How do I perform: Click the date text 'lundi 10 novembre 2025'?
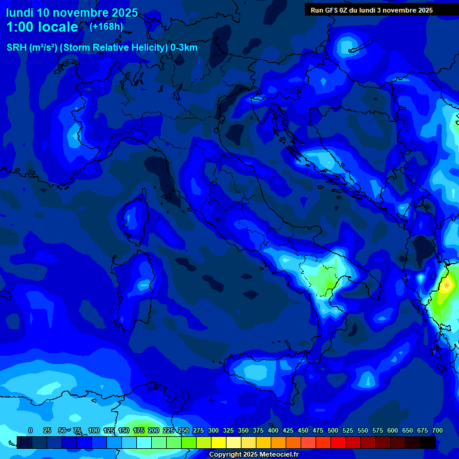click(72, 13)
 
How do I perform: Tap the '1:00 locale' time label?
click(42, 27)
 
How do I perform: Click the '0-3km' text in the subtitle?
click(183, 48)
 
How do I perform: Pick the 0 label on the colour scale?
click(30, 430)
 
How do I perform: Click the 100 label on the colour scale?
click(94, 430)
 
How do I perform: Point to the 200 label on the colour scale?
click(154, 430)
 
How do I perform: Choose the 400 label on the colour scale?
click(273, 430)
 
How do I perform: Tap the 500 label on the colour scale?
click(333, 430)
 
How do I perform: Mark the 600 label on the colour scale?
click(393, 430)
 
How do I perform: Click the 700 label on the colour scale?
click(437, 430)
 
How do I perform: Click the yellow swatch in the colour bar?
click(219, 443)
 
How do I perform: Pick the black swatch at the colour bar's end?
click(428, 443)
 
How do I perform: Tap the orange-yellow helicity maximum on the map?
click(446, 286)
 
